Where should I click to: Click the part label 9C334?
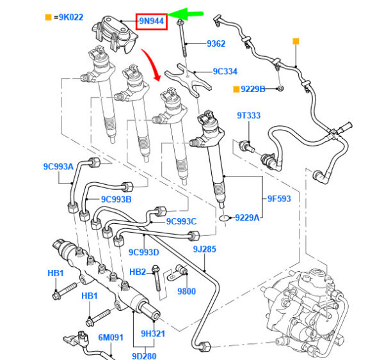225,71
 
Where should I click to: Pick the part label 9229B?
253,88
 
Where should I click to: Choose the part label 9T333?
248,116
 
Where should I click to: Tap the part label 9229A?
246,217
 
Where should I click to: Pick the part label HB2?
138,272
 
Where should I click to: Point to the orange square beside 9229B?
236,88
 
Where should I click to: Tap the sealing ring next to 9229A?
223,217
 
